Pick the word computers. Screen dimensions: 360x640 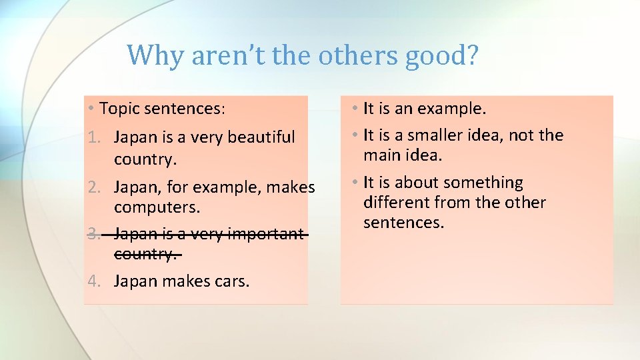click(157, 207)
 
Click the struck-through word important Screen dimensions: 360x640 click(265, 234)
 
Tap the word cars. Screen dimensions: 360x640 click(232, 281)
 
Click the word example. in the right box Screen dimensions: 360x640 click(453, 109)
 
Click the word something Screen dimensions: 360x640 click(483, 183)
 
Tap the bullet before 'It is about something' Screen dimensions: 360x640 click(356, 183)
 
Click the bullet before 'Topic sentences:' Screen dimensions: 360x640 click(91, 108)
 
